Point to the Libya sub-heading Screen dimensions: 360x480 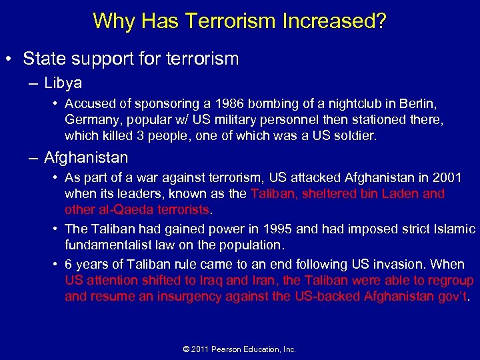pos(63,83)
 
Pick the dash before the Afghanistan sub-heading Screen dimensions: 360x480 pos(34,158)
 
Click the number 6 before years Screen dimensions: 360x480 pos(69,265)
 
